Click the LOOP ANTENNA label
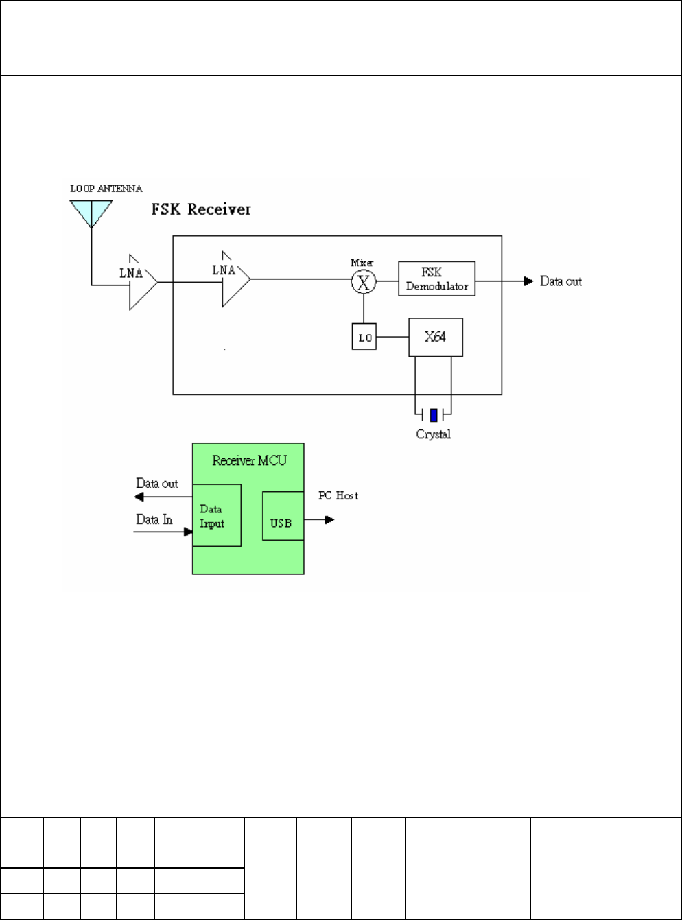(106, 189)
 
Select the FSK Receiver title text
(201, 209)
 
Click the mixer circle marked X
(364, 282)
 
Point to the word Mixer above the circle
(362, 263)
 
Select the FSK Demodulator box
(436, 279)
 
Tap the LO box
(364, 336)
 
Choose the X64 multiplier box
(436, 338)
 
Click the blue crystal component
(434, 415)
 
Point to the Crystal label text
(434, 434)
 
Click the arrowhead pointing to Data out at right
(528, 281)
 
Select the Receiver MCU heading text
(249, 460)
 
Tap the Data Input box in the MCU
(217, 515)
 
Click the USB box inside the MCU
(283, 516)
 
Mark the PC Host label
(338, 495)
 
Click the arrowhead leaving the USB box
(329, 520)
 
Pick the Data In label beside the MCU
(154, 519)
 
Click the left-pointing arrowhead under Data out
(139, 497)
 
